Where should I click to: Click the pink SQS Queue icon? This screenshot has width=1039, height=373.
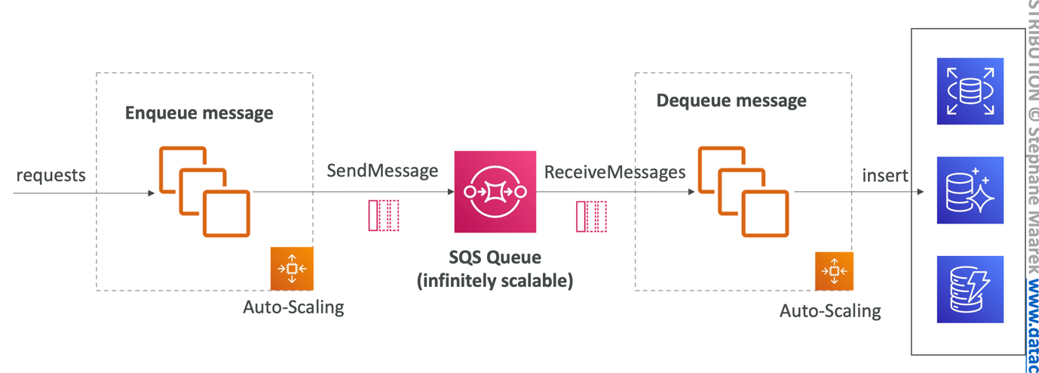[x=495, y=192]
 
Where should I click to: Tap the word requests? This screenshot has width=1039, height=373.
[x=51, y=175]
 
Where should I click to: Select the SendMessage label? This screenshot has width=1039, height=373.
[x=382, y=171]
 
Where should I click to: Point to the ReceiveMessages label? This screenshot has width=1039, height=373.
[x=615, y=172]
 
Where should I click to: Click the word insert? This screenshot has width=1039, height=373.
[x=885, y=175]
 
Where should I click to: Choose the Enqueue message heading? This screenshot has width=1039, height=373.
[x=199, y=113]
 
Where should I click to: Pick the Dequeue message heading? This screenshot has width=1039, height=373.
[x=731, y=100]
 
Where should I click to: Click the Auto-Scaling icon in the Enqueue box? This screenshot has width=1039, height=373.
[x=291, y=268]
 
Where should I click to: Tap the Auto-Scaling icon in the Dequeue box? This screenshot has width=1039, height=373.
[x=834, y=271]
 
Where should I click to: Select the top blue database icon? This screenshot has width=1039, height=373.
[x=970, y=91]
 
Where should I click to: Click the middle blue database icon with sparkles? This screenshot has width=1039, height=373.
[x=970, y=190]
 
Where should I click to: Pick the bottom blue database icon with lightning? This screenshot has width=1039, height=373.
[x=970, y=289]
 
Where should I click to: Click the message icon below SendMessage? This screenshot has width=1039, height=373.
[x=383, y=215]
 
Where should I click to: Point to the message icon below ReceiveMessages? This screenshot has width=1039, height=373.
[x=591, y=216]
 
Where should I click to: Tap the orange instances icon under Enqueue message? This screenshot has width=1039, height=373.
[x=204, y=192]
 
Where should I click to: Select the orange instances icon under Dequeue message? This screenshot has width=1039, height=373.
[x=743, y=192]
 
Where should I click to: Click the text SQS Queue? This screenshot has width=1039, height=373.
[x=495, y=258]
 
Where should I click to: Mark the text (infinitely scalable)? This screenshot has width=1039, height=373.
[x=495, y=281]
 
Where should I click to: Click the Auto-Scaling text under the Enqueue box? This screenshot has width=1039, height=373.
[x=293, y=307]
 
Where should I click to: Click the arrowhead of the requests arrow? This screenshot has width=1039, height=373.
[x=152, y=193]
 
